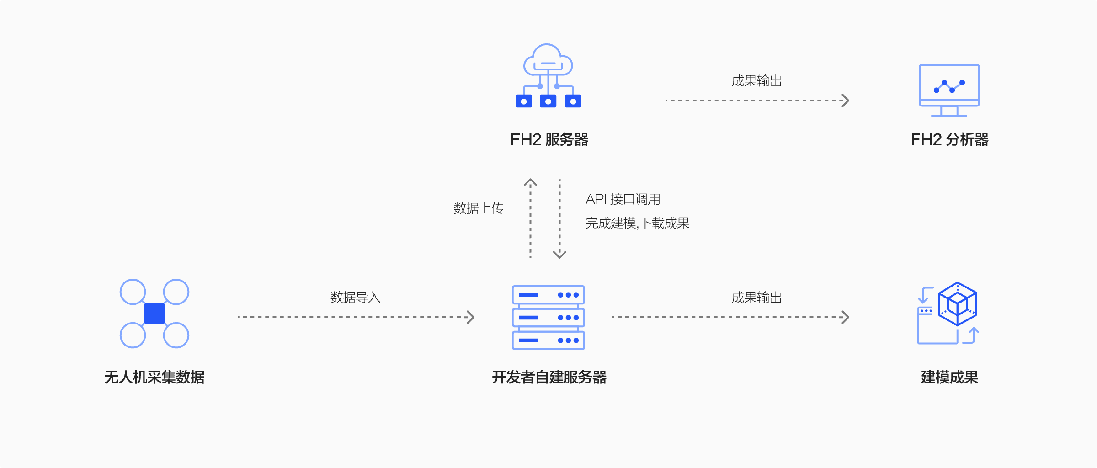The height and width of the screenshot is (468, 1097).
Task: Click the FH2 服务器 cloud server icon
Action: [548, 76]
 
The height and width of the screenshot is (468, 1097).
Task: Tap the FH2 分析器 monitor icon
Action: [949, 90]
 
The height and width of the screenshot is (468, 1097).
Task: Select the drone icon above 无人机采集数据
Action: [154, 314]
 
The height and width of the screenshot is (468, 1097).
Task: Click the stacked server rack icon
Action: [548, 318]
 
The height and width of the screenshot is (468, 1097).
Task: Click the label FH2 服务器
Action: [549, 139]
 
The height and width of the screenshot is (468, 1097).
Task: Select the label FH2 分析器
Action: [949, 139]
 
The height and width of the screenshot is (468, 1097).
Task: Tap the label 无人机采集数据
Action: [154, 377]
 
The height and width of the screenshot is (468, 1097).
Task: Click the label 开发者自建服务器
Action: [549, 377]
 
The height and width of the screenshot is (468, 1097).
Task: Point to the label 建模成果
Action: [949, 377]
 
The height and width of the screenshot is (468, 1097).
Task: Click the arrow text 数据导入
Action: [355, 298]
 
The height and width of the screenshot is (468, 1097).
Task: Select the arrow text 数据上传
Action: [479, 208]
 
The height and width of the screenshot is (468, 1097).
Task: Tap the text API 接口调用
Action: [623, 199]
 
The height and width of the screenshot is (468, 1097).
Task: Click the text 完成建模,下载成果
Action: [637, 223]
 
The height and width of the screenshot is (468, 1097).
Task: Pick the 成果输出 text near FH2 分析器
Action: [756, 81]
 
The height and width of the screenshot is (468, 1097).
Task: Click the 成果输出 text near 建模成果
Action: [756, 298]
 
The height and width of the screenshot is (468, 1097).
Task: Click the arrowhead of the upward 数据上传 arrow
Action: [530, 182]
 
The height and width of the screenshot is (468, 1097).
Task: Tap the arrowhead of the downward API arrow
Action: [559, 255]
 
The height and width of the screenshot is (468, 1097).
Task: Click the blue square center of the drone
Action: [154, 314]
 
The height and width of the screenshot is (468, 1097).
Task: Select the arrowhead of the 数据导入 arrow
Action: [471, 317]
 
